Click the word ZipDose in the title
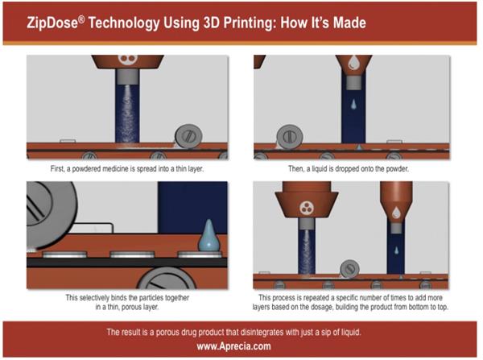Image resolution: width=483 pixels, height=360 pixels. [52, 23]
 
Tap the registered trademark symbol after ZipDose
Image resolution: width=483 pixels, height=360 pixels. [81, 19]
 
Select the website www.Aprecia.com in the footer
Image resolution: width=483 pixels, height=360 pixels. [233, 346]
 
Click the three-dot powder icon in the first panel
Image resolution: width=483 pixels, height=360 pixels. [127, 59]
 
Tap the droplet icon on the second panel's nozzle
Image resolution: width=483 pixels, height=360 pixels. [353, 62]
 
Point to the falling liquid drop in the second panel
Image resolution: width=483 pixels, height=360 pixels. [353, 104]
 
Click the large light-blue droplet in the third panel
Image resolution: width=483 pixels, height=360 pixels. [208, 235]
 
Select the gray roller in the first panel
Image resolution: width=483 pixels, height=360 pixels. [188, 136]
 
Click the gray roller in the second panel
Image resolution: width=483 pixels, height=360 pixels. [290, 137]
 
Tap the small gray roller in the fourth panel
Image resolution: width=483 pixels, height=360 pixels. [349, 269]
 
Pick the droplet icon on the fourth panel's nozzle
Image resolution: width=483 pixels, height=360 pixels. [396, 213]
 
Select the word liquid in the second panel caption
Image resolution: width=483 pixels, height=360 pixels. [320, 169]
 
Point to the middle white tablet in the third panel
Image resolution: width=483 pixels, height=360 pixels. [132, 254]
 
